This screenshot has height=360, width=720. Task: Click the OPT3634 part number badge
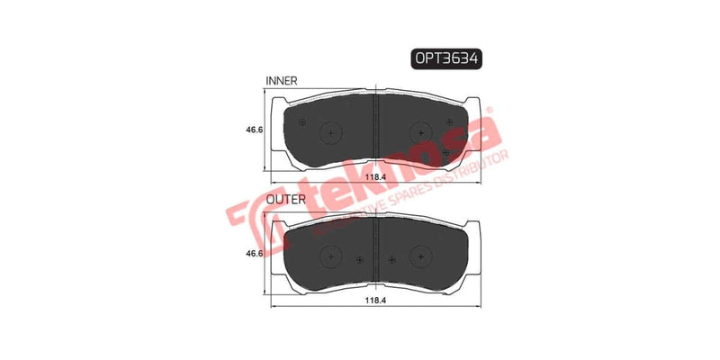tap(446, 58)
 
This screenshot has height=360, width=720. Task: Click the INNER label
tap(281, 81)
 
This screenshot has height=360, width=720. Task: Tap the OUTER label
tap(284, 197)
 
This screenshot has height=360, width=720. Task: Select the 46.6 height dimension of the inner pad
tap(255, 130)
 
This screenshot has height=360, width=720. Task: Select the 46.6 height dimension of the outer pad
tap(255, 255)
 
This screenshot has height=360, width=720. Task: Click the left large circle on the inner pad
tap(332, 133)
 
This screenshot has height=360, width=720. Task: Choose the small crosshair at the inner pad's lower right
tap(446, 153)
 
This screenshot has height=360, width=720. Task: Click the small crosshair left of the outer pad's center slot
tap(359, 261)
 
